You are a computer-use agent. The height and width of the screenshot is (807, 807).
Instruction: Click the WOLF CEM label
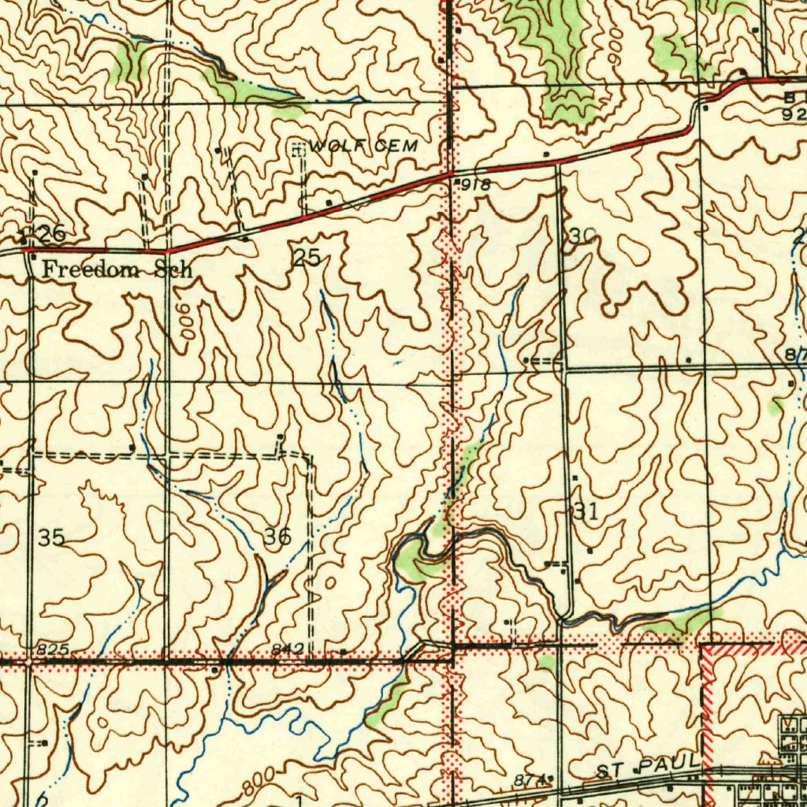363,147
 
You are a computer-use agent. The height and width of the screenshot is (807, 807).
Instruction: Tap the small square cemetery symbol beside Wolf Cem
298,147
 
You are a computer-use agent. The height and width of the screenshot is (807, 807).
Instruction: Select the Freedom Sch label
117,270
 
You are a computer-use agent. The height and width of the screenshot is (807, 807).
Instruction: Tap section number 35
51,538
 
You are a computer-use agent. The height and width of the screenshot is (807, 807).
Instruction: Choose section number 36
277,537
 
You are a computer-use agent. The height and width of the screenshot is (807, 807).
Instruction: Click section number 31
586,511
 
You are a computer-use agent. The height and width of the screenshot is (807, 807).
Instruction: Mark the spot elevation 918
478,185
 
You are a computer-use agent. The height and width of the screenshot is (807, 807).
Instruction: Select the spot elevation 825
53,649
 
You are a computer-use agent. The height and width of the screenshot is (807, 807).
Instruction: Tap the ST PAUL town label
647,765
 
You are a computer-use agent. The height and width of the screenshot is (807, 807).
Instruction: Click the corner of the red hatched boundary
704,649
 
